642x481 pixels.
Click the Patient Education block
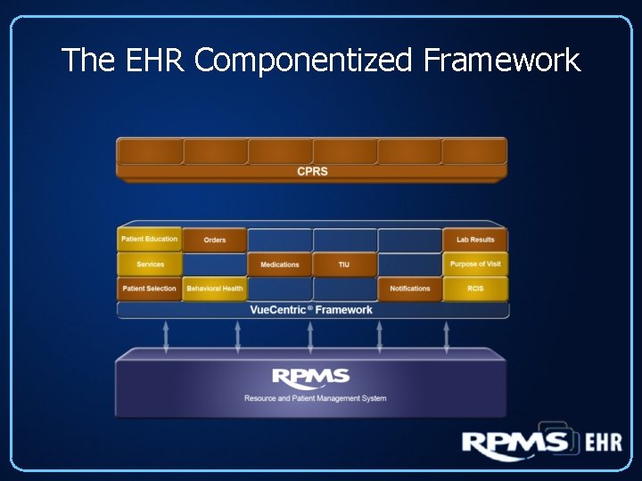[150, 240]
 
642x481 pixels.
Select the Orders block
[215, 240]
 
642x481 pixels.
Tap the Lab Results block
[475, 240]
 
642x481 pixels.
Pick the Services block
[150, 265]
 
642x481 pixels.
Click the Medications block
[280, 265]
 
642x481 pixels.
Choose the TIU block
[344, 265]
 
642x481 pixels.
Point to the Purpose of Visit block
[475, 265]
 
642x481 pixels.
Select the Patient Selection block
[150, 289]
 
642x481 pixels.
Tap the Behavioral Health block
[215, 289]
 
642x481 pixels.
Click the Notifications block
[410, 289]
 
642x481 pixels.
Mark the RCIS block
[475, 289]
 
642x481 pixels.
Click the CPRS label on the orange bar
[312, 171]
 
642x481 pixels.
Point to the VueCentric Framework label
[312, 310]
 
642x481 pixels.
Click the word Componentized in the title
[304, 61]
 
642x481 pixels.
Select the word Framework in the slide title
[501, 61]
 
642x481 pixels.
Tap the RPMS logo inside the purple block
[310, 378]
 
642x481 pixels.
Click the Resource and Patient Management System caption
[316, 398]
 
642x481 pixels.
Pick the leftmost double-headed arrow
[166, 338]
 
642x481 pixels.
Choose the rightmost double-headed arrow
[447, 338]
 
